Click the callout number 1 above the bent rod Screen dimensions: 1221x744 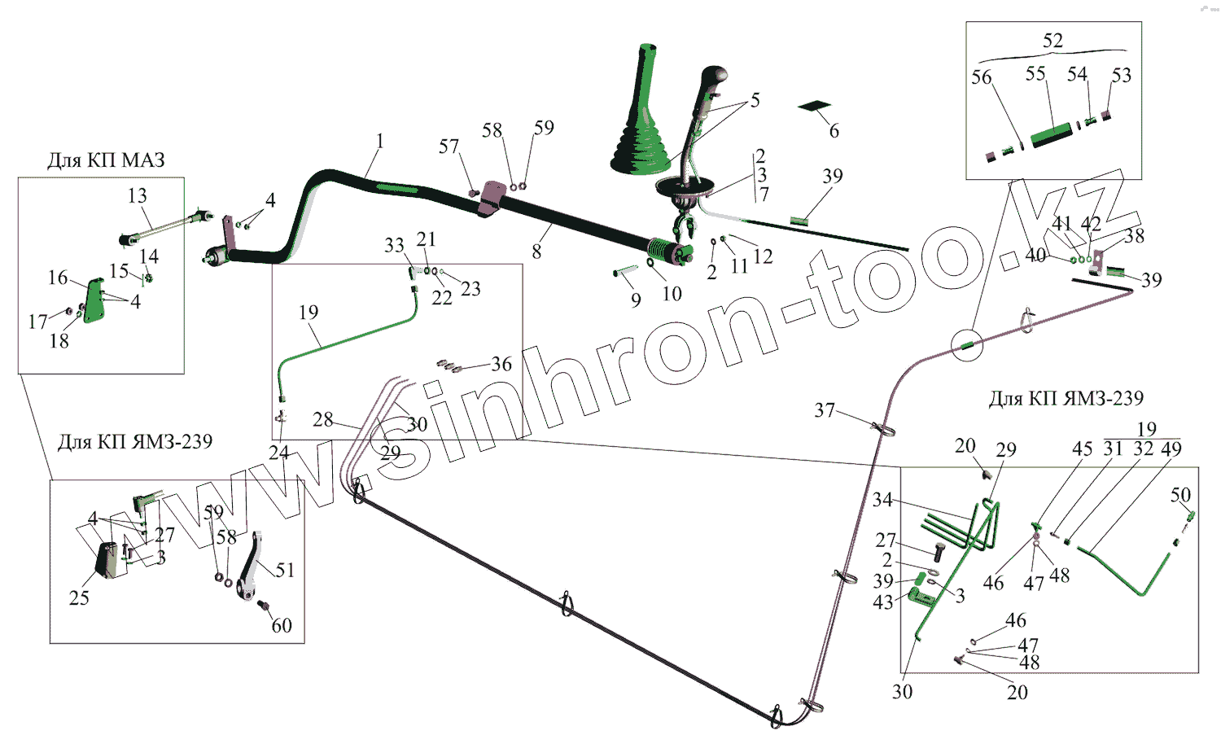pyautogui.click(x=379, y=142)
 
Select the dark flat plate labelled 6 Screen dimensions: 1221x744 pyautogui.click(x=815, y=106)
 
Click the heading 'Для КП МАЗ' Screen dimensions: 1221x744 pyautogui.click(x=106, y=160)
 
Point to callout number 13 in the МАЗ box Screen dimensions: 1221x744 pyautogui.click(x=137, y=195)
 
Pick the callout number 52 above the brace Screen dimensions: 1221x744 pyautogui.click(x=1053, y=41)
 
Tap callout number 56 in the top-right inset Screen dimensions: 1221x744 pyautogui.click(x=982, y=77)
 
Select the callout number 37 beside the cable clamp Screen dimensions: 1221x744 pyautogui.click(x=825, y=410)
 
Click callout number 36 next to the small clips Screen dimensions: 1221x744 pyautogui.click(x=501, y=364)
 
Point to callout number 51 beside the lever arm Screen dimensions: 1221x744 pyautogui.click(x=285, y=570)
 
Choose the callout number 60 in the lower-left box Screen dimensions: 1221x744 pyautogui.click(x=282, y=625)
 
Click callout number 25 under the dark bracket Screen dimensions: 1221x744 pyautogui.click(x=79, y=597)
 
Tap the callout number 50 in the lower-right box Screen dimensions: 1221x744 pyautogui.click(x=1180, y=494)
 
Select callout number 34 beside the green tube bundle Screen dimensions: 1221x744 pyautogui.click(x=882, y=500)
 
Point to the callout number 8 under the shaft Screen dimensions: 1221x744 pyautogui.click(x=536, y=252)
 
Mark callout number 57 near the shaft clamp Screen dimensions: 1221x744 pyautogui.click(x=449, y=147)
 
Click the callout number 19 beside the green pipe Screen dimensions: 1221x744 pyautogui.click(x=309, y=313)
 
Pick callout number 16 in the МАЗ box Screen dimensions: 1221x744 pyautogui.click(x=58, y=278)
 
